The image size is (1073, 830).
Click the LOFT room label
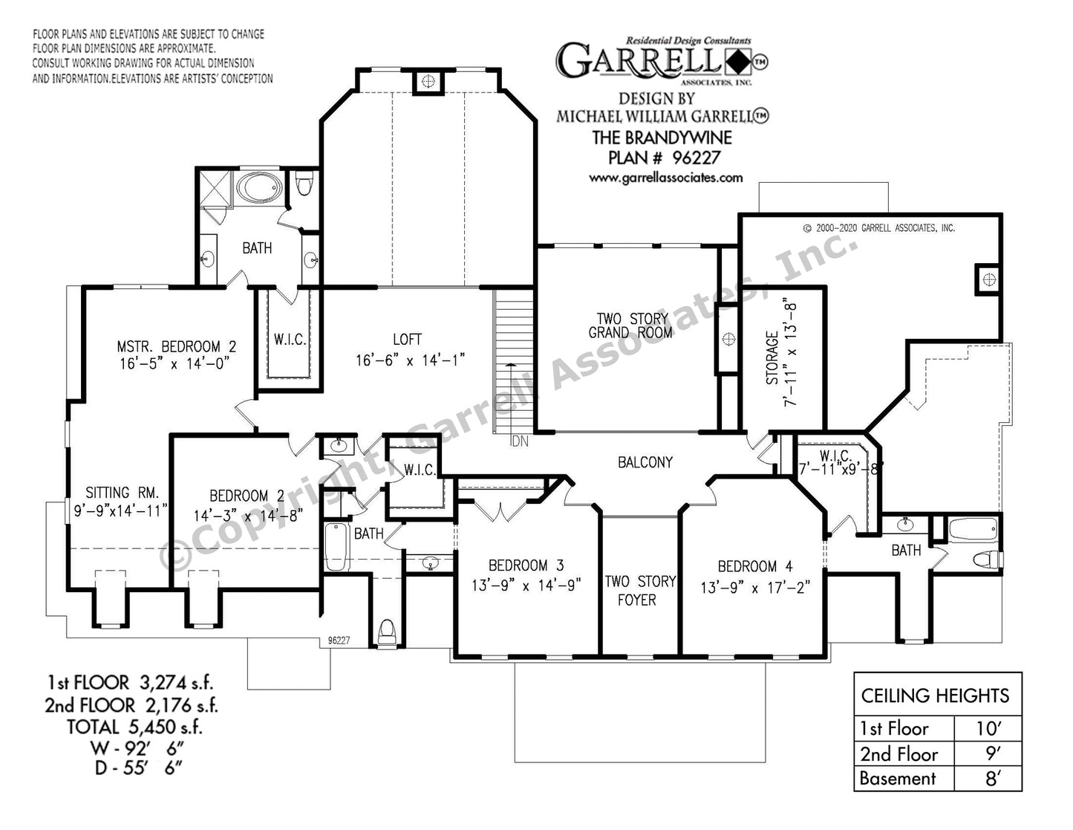point(408,340)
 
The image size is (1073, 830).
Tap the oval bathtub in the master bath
point(259,187)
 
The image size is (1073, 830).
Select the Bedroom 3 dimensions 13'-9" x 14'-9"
point(526,586)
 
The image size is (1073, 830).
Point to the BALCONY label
point(645,462)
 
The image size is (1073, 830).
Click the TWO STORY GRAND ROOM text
point(631,325)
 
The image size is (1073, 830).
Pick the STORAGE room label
point(772,357)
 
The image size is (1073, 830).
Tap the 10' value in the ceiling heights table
point(988,729)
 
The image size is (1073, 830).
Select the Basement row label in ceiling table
point(897,779)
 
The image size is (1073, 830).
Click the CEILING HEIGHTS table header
point(935,696)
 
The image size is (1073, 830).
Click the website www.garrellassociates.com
point(665,178)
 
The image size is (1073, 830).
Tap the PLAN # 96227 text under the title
point(664,158)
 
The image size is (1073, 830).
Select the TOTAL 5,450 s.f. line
point(134,727)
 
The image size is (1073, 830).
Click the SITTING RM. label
point(123,493)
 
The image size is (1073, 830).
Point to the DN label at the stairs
point(520,441)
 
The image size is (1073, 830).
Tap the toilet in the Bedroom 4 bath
point(988,560)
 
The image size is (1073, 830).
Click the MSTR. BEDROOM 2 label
point(176,346)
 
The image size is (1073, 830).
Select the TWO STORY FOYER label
point(640,591)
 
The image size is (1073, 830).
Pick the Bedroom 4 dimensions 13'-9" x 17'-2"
point(755,587)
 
